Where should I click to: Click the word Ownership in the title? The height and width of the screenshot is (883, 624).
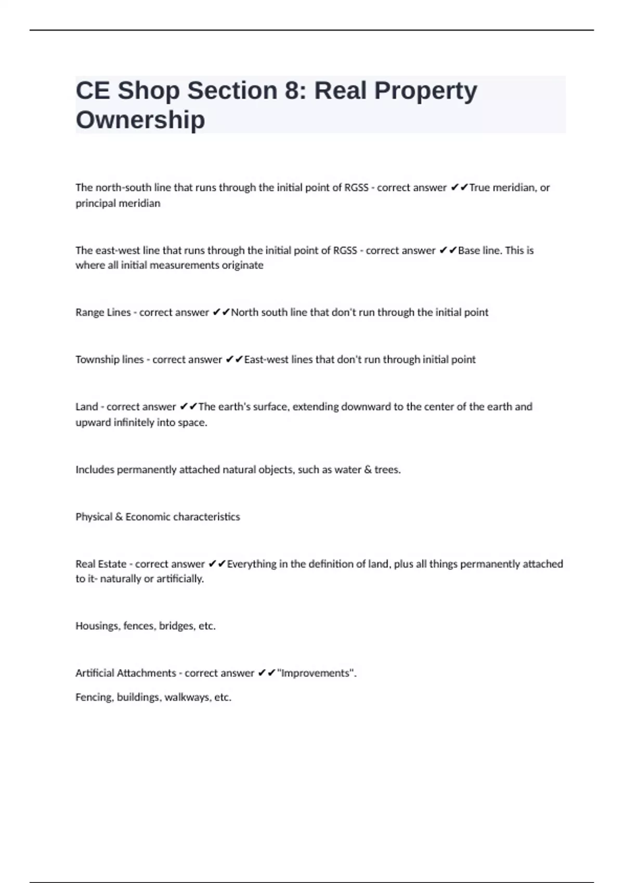point(140,120)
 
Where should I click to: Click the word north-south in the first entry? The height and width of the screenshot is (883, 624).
point(123,188)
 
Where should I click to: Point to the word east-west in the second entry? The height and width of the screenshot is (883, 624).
point(118,250)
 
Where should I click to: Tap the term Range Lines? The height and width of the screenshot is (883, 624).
point(103,312)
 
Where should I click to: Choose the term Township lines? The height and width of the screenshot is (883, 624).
point(109,359)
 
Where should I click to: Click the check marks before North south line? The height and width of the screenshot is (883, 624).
point(221,312)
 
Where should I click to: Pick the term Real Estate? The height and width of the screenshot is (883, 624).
point(101,564)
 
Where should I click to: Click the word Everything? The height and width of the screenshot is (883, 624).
point(252,564)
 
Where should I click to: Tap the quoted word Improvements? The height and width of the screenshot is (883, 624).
point(316,673)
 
